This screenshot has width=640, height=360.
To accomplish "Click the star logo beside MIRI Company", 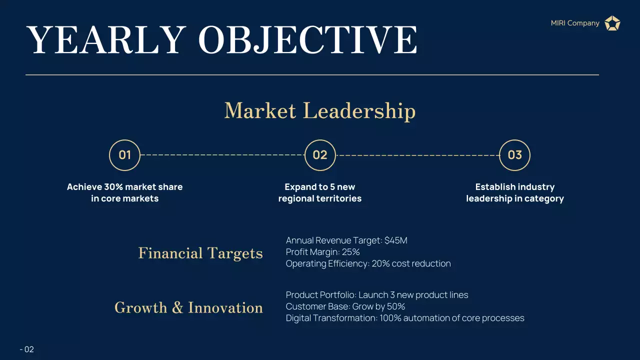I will point(612,23).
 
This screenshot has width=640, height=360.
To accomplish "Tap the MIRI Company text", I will point(575,23).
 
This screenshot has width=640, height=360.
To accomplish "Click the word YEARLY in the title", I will point(105,40).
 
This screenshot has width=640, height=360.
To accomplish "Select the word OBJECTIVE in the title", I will point(307,40).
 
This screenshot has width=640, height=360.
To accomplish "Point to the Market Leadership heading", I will point(319,110).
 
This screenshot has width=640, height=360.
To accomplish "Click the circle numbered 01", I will point(124,155).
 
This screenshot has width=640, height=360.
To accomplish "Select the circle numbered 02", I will point(320,155).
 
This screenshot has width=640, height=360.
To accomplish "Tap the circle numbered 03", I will point(514,155).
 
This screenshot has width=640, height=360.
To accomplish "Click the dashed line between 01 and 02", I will point(222,155).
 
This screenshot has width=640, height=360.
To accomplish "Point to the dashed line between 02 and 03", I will point(417,155).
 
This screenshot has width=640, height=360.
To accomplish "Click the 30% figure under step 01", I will point(113,187).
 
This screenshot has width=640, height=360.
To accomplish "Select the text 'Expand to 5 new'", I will point(319,187).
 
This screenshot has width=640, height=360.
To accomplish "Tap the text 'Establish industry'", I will point(514,187).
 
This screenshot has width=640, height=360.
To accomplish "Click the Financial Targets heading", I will point(200,253).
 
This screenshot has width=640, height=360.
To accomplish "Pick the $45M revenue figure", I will point(396,240).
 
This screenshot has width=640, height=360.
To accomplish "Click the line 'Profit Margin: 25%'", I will point(322,252).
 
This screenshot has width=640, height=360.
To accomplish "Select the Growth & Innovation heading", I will point(188,307).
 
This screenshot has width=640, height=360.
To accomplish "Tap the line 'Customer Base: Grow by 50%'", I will point(345,306).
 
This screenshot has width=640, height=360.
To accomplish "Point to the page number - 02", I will point(27,349).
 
